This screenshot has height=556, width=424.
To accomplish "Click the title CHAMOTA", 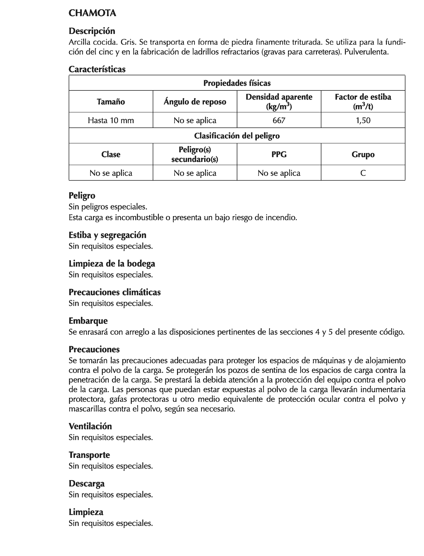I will tap(92, 13).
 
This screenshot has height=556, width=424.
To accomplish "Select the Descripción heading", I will tap(92, 31).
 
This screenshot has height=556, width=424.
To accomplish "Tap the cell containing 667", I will tap(279, 120).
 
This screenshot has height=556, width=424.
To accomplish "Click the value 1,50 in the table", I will tap(363, 120).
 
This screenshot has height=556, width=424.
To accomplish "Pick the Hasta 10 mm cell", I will tap(111, 120).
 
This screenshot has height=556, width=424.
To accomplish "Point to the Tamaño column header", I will tap(111, 102).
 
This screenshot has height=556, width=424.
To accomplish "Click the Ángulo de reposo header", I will tap(195, 102).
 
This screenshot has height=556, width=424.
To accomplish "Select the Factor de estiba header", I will tap(363, 97).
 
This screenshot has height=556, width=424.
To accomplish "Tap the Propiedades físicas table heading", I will tap(237, 83).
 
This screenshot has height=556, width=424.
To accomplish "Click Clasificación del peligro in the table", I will tap(237, 136).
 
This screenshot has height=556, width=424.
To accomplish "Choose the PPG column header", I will tap(279, 154).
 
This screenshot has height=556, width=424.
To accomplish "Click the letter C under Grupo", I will tap(363, 173).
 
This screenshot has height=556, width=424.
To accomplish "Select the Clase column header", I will tap(111, 154).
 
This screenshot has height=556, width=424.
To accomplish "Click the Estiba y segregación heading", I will tap(107, 235).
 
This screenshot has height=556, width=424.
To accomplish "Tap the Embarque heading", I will tap(88, 321).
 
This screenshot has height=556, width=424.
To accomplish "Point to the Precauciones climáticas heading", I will tap(115, 292).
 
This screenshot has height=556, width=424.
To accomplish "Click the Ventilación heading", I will tap(90, 426).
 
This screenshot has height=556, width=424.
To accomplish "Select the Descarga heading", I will tap(87, 483).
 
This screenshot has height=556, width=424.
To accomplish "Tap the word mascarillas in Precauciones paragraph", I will tap(88, 409).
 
